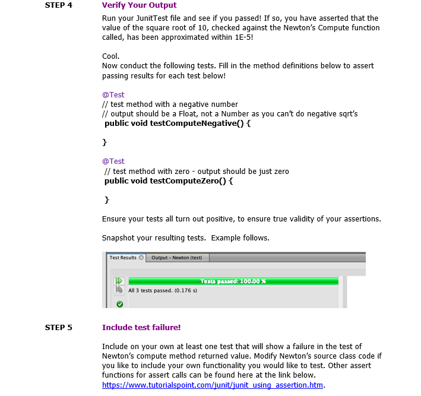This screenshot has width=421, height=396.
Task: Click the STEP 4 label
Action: click(58, 5)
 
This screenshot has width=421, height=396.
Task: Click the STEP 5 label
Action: click(58, 327)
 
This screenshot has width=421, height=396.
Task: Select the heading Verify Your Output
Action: click(139, 5)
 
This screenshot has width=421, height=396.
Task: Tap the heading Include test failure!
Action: click(141, 327)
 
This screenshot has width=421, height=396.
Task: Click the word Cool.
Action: click(111, 56)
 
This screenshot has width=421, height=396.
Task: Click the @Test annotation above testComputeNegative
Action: click(113, 94)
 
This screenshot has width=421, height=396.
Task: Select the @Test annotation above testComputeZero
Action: click(113, 161)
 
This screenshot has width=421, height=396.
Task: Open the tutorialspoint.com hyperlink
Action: click(213, 385)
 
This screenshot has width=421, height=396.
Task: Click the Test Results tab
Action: click(123, 258)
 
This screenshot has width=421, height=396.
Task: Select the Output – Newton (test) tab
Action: click(176, 258)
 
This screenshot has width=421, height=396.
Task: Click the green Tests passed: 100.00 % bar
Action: click(233, 281)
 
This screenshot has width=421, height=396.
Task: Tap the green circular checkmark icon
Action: click(119, 303)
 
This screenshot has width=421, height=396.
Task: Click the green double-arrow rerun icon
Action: click(119, 281)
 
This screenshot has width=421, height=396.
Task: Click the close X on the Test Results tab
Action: click(141, 258)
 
